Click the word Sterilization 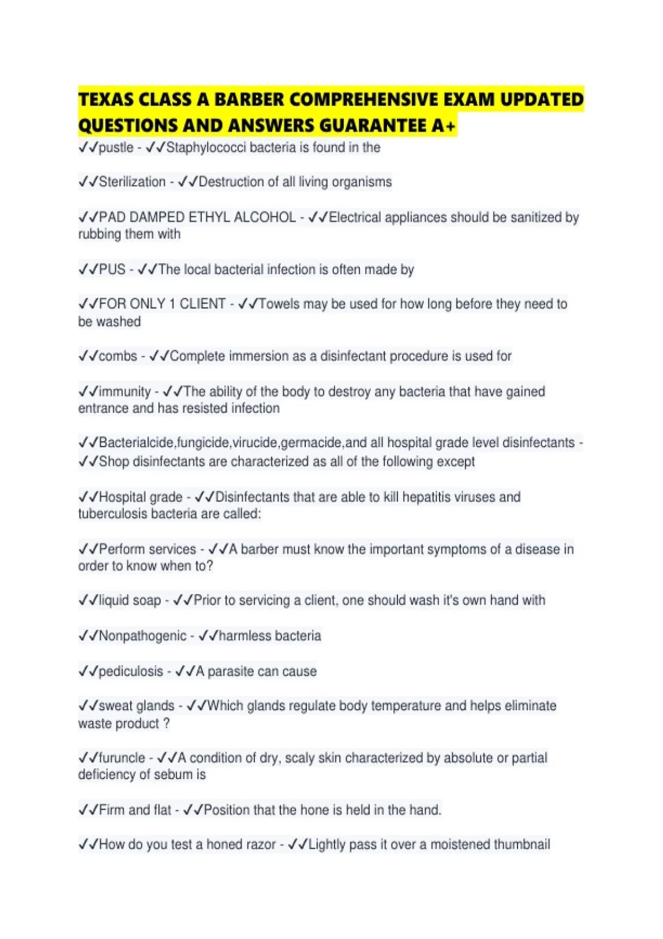click(x=132, y=182)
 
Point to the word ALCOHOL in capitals click(x=265, y=217)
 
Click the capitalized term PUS click(x=112, y=270)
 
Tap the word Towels click(x=279, y=304)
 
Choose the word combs click(x=118, y=356)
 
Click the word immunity click(x=124, y=392)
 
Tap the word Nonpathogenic click(x=143, y=636)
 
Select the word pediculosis click(x=131, y=671)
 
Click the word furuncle click(x=122, y=758)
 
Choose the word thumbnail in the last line click(x=522, y=845)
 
